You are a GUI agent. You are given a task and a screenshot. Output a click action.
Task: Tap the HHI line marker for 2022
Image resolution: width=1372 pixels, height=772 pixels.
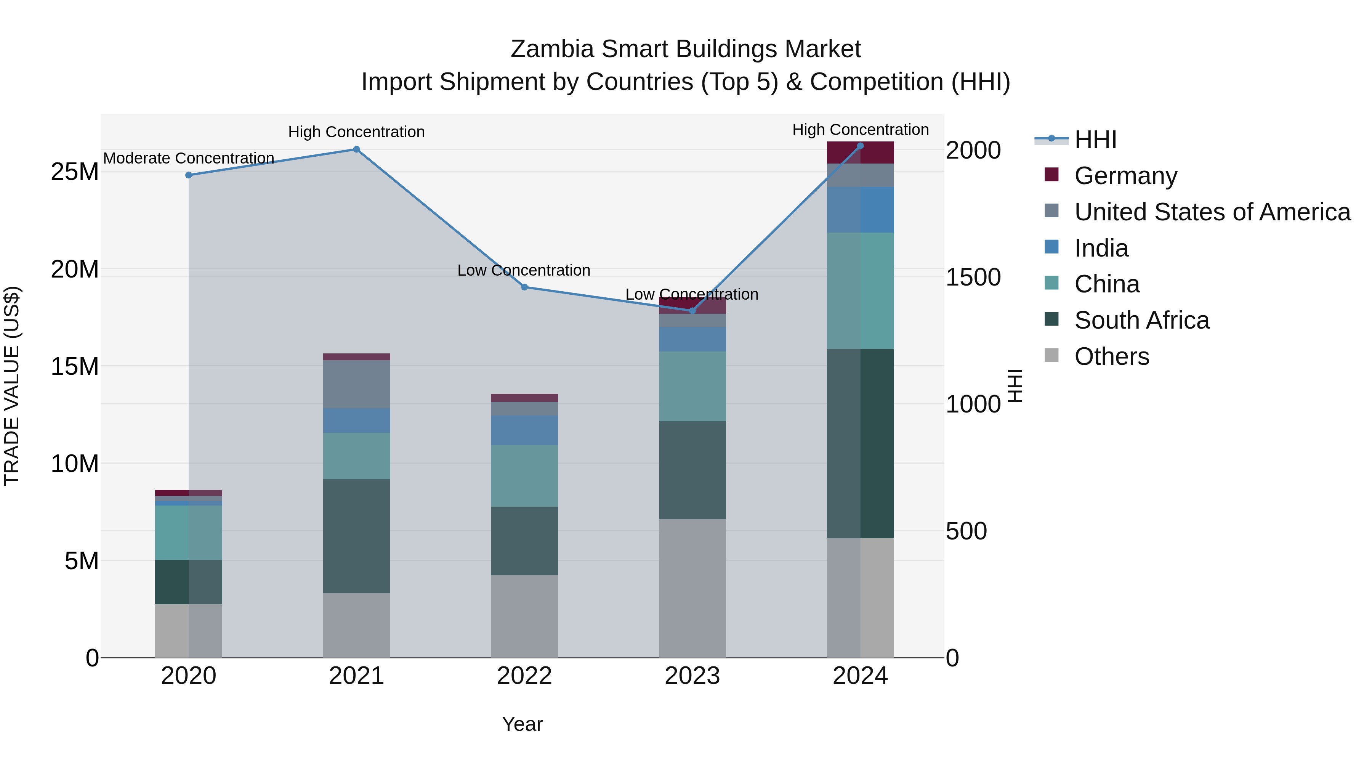[524, 287]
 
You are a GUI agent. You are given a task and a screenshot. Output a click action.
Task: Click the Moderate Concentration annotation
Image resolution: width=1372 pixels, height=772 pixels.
[189, 158]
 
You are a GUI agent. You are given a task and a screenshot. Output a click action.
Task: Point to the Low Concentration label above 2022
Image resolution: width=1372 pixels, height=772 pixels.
[524, 270]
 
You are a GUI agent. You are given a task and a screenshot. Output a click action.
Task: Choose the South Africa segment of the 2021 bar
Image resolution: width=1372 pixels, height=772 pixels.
[356, 536]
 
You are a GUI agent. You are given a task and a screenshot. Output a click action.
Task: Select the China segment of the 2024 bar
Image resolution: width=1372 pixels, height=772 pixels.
[860, 291]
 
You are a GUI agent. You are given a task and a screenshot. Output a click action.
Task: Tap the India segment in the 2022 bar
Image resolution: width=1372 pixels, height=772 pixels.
[524, 430]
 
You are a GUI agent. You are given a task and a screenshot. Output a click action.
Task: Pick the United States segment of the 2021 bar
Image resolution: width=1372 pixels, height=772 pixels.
[356, 384]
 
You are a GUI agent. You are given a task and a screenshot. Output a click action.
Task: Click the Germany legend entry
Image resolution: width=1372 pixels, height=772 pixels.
[1125, 176]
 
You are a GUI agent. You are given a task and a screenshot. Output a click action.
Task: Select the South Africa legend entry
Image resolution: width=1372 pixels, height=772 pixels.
[1141, 320]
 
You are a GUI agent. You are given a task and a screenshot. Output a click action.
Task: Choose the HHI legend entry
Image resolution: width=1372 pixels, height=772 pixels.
[1095, 140]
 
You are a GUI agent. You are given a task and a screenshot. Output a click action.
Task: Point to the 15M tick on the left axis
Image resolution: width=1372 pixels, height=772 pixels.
[75, 366]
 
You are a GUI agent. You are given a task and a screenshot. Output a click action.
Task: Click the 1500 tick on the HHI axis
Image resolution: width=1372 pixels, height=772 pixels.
[973, 277]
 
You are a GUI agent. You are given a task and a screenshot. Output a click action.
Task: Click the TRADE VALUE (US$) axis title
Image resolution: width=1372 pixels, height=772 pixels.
[12, 386]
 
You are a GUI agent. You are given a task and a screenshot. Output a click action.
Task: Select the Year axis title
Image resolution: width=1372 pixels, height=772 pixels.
[522, 724]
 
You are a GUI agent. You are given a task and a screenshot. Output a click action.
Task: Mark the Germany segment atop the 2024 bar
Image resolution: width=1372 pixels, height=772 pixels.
[860, 153]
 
